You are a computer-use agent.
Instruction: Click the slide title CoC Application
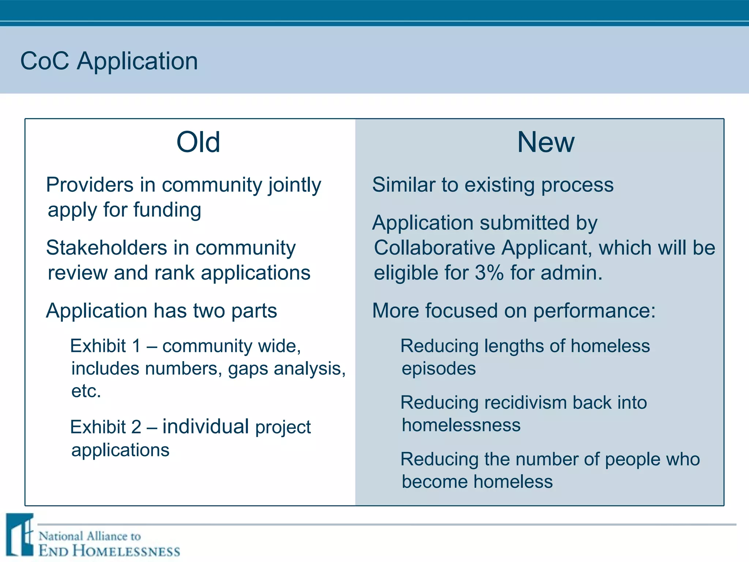[109, 61]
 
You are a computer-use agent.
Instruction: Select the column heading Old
[198, 142]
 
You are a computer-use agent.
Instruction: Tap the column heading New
[546, 142]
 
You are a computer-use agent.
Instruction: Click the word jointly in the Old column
[295, 185]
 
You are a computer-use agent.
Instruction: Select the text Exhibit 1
[105, 346]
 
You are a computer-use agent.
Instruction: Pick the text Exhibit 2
[105, 427]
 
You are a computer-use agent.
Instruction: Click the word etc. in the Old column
[86, 391]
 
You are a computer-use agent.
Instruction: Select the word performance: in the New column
[594, 311]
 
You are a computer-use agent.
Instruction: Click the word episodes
[439, 369]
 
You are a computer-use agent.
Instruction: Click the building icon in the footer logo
[20, 535]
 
